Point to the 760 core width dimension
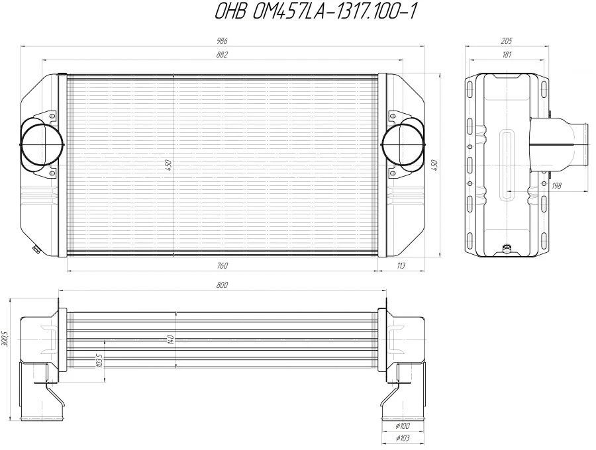click(x=222, y=265)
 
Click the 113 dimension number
click(x=400, y=265)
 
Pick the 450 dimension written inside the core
click(x=169, y=164)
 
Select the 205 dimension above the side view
click(x=507, y=41)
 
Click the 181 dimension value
click(x=507, y=55)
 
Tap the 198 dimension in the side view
click(x=556, y=186)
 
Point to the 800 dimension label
click(x=222, y=285)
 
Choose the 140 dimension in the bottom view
click(x=171, y=339)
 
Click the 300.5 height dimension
click(x=5, y=339)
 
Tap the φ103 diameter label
click(x=401, y=439)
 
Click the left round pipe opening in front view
click(x=42, y=143)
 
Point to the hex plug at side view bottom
click(x=507, y=249)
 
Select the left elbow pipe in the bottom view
click(x=40, y=390)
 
